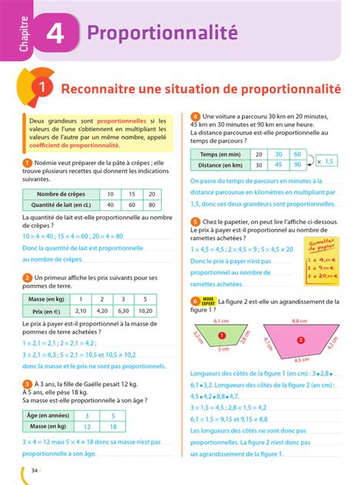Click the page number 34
[x=35, y=470]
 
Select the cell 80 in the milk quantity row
[x=151, y=205]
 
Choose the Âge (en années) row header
[x=51, y=415]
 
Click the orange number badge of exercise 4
[x=196, y=117]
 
